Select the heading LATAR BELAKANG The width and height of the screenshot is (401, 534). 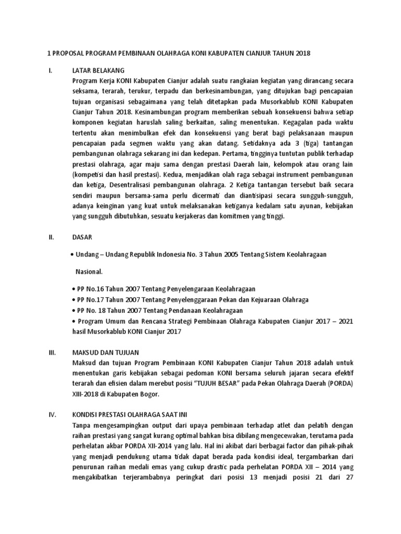(98, 69)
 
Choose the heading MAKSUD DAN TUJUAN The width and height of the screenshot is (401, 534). (106, 353)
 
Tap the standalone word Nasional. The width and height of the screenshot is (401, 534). (89, 272)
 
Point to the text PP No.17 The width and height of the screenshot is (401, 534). (90, 300)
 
